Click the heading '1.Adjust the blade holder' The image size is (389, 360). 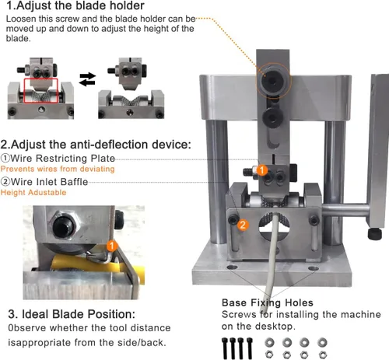click(75, 5)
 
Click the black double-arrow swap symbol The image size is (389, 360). click(87, 79)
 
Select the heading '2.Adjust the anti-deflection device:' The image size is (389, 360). click(96, 145)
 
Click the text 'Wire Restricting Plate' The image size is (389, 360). click(62, 158)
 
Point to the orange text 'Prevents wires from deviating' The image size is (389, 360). click(58, 169)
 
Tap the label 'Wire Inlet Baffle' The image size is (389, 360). click(49, 182)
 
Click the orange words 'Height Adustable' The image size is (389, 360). click(33, 192)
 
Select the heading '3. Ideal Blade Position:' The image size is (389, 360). click(72, 314)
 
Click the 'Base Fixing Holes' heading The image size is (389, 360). click(268, 302)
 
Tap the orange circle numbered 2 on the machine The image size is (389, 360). click(243, 225)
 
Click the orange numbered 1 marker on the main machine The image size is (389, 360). click(262, 170)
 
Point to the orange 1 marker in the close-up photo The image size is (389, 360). click(112, 246)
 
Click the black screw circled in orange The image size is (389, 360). click(272, 81)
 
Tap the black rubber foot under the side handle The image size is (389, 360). click(375, 233)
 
